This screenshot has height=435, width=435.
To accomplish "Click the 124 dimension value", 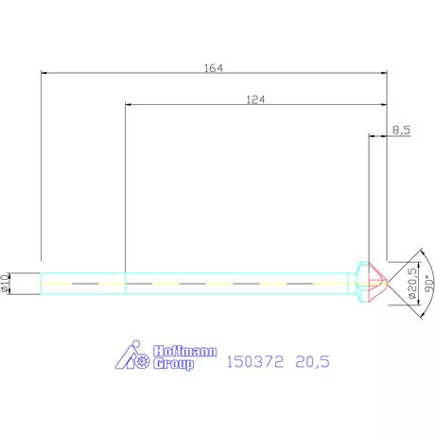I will click(x=254, y=98).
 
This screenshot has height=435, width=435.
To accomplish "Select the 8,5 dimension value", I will click(x=400, y=131).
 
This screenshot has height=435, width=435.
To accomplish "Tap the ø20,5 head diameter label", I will click(x=411, y=282).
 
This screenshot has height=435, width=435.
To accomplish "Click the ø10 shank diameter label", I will click(x=7, y=282).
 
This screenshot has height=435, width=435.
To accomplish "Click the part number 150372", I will click(x=252, y=360).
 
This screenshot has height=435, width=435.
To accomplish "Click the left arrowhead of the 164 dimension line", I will click(x=43, y=74).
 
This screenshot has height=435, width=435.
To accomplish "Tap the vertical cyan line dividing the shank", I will click(x=126, y=282).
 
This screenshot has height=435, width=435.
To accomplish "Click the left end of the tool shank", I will click(x=41, y=282).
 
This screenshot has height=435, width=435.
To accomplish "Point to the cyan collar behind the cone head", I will click(x=360, y=282).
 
